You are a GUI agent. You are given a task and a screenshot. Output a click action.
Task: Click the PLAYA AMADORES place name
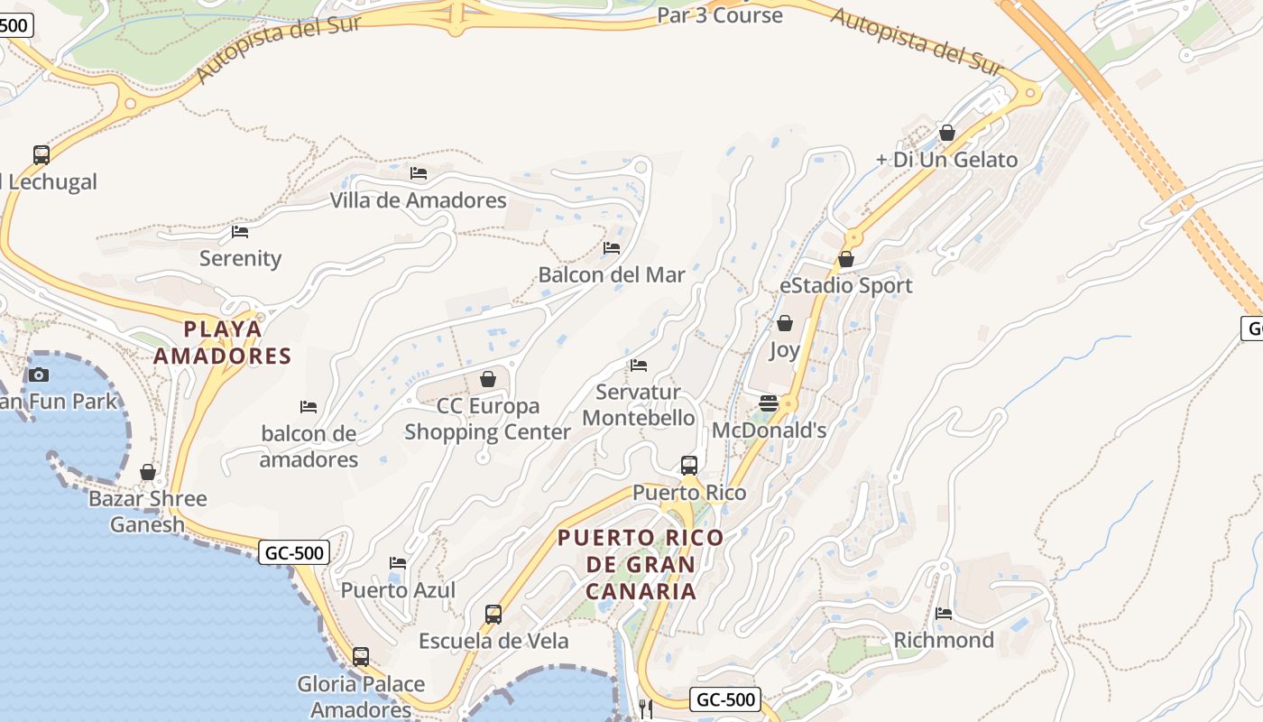(222, 342)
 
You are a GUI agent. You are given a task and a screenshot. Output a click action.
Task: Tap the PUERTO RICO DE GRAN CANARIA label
(641, 564)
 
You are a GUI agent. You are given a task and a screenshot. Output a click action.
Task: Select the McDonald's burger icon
(769, 403)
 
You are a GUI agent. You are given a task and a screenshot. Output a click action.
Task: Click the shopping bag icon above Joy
(785, 323)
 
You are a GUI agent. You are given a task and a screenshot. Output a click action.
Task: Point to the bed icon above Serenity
(240, 231)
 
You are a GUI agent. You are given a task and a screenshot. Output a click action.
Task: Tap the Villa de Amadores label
(418, 200)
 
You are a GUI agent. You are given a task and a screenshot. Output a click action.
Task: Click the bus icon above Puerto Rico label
(689, 466)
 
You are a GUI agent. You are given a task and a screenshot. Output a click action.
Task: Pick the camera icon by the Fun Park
(38, 375)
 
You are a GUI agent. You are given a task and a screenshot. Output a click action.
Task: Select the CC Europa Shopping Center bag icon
(488, 379)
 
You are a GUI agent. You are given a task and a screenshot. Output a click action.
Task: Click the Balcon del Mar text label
(612, 274)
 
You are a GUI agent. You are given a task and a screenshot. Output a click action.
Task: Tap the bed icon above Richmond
(944, 613)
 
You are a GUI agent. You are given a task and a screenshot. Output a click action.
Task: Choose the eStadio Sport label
(845, 285)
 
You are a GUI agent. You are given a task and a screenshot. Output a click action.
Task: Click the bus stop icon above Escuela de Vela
(493, 615)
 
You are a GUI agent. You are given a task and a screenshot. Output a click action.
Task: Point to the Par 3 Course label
(719, 15)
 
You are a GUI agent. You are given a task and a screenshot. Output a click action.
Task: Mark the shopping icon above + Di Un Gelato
(947, 133)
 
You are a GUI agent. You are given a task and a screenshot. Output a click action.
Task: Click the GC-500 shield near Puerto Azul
(294, 552)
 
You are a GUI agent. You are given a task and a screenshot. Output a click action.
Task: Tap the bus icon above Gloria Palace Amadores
(361, 657)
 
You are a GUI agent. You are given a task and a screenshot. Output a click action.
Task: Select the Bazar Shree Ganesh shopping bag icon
(148, 472)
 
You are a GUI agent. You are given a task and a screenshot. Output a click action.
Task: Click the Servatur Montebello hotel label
(639, 405)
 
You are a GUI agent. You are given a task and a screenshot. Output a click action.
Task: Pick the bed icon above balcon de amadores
(309, 407)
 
